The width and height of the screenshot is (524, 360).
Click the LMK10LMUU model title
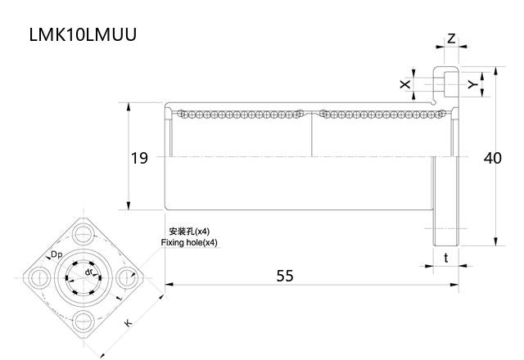click(83, 34)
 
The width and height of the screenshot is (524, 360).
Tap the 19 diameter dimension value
click(139, 158)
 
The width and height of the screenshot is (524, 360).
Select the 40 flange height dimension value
click(492, 158)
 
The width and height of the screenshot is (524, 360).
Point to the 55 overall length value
click(284, 276)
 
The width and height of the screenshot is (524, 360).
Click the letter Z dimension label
click(451, 38)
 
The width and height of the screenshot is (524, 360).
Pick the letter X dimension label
click(404, 84)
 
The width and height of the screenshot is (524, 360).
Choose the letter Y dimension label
click(472, 83)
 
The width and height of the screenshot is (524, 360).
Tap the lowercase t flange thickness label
click(445, 258)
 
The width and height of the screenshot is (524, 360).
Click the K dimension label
click(128, 324)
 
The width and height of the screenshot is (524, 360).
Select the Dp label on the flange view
click(56, 254)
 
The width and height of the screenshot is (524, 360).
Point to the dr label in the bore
click(88, 271)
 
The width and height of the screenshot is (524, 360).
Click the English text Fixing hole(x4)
click(190, 243)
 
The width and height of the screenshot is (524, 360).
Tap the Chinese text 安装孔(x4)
click(188, 232)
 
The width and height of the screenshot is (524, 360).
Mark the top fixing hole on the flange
click(85, 232)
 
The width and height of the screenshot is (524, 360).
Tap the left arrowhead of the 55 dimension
click(169, 285)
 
